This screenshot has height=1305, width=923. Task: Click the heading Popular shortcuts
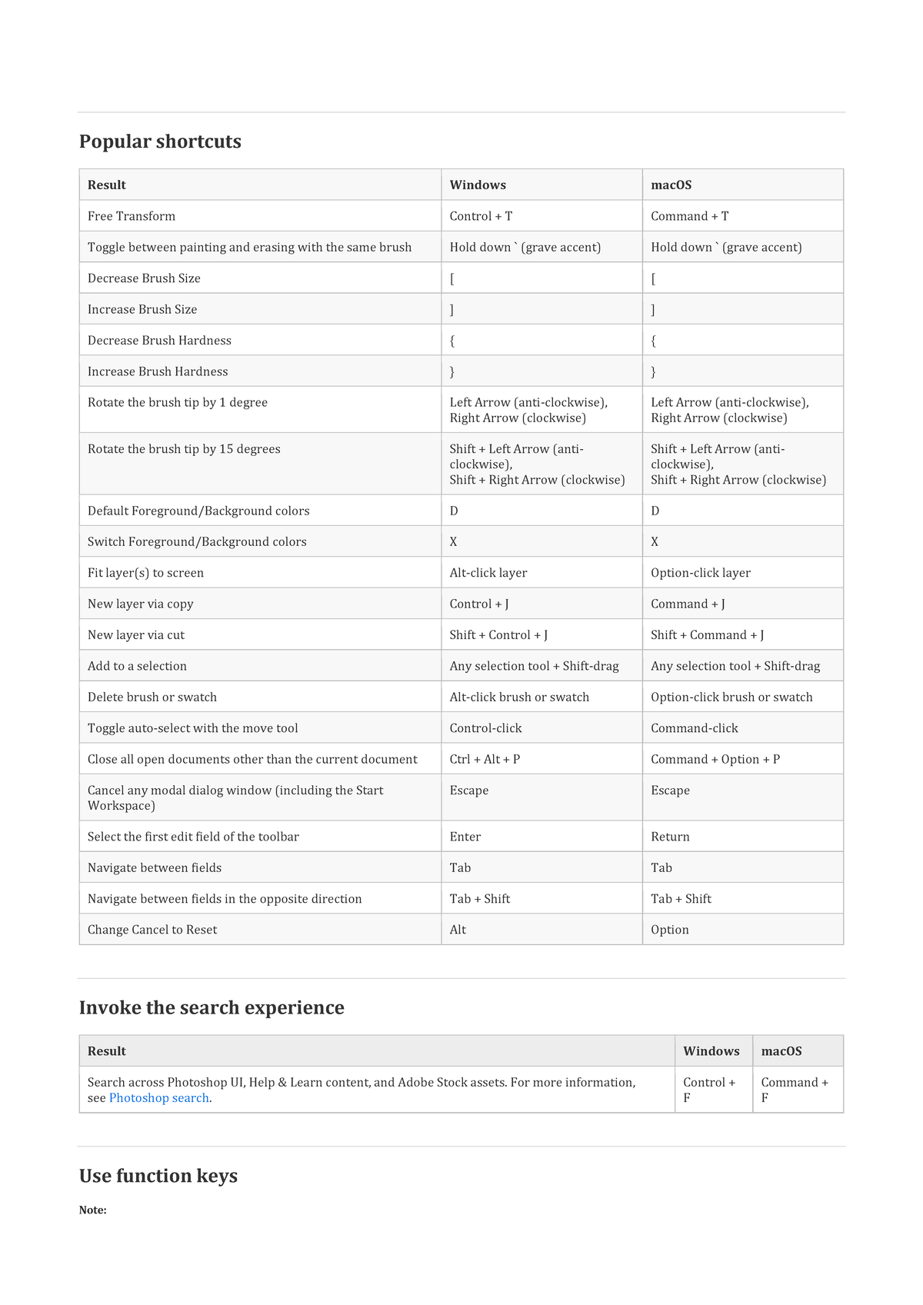point(160,141)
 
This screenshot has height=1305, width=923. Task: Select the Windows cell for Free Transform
point(481,216)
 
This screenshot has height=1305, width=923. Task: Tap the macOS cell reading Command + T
point(689,216)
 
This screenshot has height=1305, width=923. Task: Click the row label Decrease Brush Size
point(144,278)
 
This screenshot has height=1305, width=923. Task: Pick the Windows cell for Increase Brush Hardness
point(452,371)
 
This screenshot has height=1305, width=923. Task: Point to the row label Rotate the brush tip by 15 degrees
point(184,449)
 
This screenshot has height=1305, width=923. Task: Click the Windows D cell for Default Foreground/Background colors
point(454,511)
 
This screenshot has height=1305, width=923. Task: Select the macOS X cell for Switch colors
point(655,542)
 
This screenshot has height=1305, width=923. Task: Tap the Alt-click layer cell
point(488,573)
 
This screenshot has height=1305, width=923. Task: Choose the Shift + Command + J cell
point(707,635)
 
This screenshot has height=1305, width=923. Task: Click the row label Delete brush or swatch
point(152,697)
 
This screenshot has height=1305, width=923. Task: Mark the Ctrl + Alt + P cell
point(485,759)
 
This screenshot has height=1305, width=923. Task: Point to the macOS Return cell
point(670,837)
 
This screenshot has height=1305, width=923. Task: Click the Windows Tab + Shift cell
point(479,899)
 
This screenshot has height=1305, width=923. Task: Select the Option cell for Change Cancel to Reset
point(669,930)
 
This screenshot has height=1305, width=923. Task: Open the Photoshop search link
point(158,1098)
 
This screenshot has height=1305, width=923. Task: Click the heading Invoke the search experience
point(212,1007)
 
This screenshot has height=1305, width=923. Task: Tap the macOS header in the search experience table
point(781,1051)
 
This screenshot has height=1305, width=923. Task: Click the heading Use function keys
point(158,1176)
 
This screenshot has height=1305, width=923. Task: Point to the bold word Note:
point(92,1210)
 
